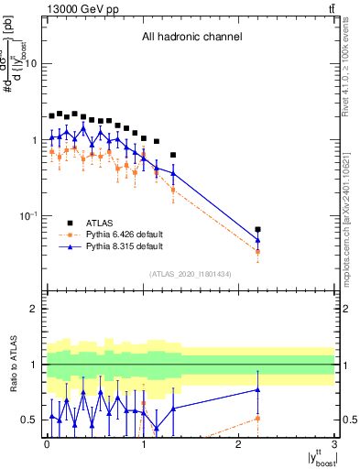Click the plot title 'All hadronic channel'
tap(191, 38)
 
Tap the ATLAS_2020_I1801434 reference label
tap(190, 274)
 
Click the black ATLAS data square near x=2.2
tap(258, 230)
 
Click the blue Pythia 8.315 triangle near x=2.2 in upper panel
tap(258, 240)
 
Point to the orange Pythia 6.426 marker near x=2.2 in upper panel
tap(258, 251)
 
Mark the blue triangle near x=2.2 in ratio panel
tap(258, 389)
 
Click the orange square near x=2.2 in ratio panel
tap(258, 419)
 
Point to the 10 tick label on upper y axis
tap(31, 63)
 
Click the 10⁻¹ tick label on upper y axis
tap(29, 215)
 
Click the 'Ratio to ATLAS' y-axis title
tap(12, 365)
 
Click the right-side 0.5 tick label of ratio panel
tap(349, 420)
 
